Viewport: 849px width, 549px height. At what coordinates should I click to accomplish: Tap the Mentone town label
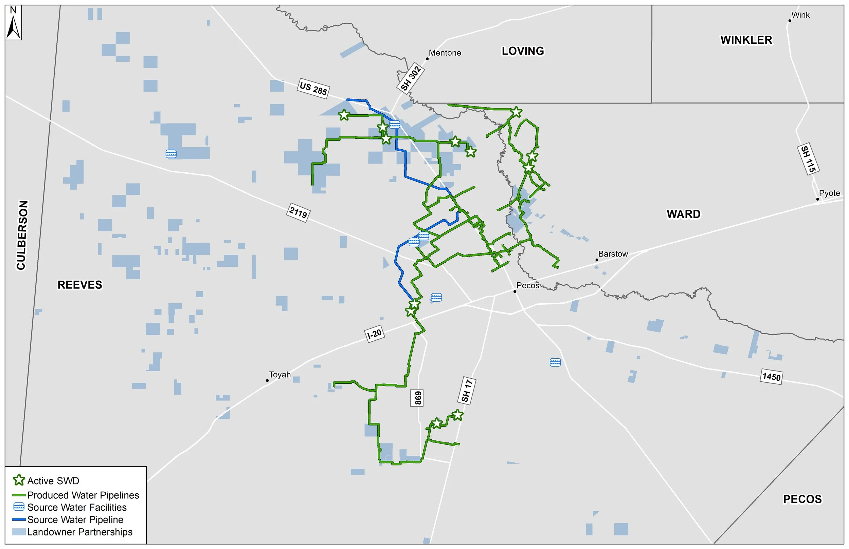[x=445, y=53]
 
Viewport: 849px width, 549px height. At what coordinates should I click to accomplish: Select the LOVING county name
[x=523, y=51]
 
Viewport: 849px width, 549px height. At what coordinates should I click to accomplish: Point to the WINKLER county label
[x=746, y=40]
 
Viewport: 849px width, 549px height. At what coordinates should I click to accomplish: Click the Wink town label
[x=800, y=15]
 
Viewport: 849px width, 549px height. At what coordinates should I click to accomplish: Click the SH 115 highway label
[x=808, y=159]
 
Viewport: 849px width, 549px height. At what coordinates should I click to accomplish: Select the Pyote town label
[x=829, y=193]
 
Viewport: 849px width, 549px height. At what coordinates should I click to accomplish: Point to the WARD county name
[x=684, y=214]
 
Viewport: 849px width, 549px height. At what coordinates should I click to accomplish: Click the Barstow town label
[x=613, y=254]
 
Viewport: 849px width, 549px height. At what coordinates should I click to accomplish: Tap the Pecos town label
[x=528, y=286]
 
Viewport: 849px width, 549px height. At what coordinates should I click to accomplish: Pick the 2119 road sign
[x=298, y=213]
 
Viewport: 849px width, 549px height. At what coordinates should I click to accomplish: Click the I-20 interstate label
[x=374, y=334]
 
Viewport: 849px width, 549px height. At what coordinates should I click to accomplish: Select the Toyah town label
[x=280, y=375]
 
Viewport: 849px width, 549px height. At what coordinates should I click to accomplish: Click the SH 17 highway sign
[x=467, y=391]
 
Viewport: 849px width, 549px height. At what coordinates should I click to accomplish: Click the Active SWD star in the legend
[x=19, y=480]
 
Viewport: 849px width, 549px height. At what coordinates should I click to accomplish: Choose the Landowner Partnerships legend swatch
[x=19, y=532]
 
